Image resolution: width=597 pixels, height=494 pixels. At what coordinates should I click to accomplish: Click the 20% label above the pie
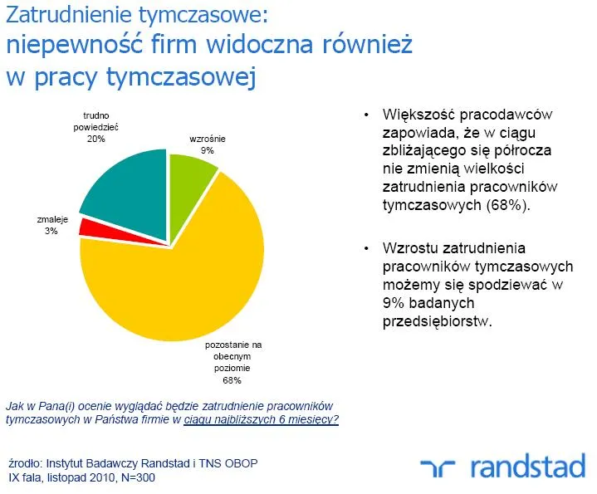[95, 139]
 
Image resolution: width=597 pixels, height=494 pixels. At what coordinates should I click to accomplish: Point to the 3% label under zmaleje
[51, 232]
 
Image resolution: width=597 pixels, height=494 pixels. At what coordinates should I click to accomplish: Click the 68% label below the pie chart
[232, 380]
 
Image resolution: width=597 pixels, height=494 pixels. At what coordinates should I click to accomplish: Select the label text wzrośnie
[207, 139]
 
